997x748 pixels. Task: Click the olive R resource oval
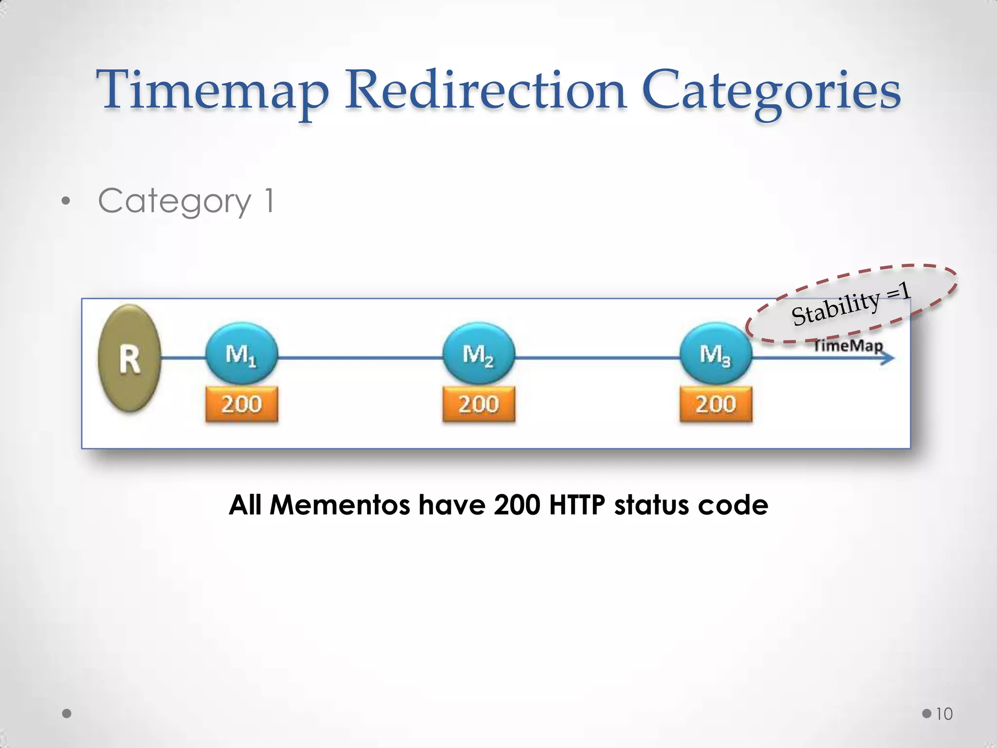click(x=129, y=358)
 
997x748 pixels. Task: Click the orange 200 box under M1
click(x=241, y=404)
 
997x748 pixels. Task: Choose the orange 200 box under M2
click(x=479, y=404)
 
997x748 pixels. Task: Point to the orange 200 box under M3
click(x=716, y=404)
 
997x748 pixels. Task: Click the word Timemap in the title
click(x=213, y=91)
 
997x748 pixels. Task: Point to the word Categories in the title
click(x=771, y=91)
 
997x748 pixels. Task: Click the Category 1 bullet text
click(x=186, y=201)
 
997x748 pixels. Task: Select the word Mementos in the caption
click(x=340, y=505)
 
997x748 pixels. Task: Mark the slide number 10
click(x=944, y=714)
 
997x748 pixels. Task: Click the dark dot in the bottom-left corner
click(x=67, y=714)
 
